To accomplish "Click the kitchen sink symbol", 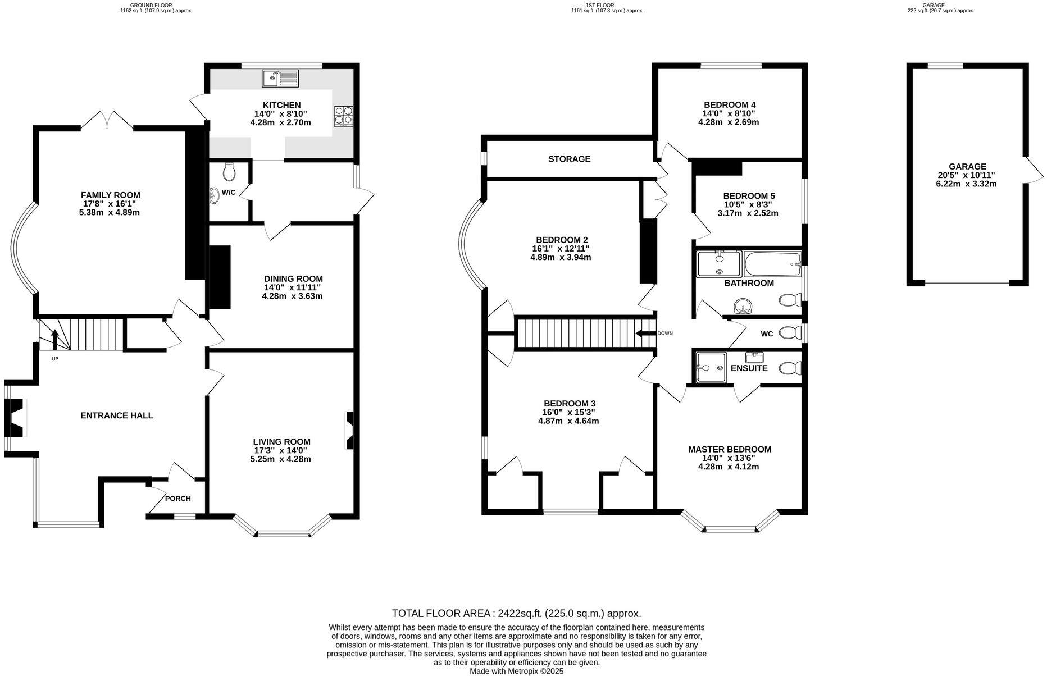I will [x=280, y=78].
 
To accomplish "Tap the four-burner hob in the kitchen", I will [x=344, y=116].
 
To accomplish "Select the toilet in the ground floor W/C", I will [x=229, y=172].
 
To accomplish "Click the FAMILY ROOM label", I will [x=111, y=195].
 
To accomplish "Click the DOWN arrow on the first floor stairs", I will [x=645, y=334].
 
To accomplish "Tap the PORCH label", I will [x=177, y=499].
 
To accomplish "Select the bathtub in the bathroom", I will [x=772, y=263].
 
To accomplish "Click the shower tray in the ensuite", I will [x=711, y=368].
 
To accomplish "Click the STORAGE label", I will [x=569, y=159].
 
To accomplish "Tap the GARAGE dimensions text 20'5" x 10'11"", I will [x=967, y=175].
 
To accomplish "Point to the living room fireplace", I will [x=350, y=431].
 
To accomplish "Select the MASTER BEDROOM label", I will [x=729, y=449].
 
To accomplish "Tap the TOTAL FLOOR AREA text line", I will [x=516, y=613].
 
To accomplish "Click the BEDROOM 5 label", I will [x=748, y=196].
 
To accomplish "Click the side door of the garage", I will [x=1034, y=170].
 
